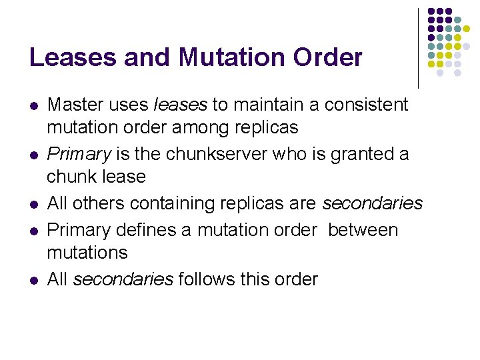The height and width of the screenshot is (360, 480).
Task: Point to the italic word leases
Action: [180, 105]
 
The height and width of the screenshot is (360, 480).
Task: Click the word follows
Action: [207, 279]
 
